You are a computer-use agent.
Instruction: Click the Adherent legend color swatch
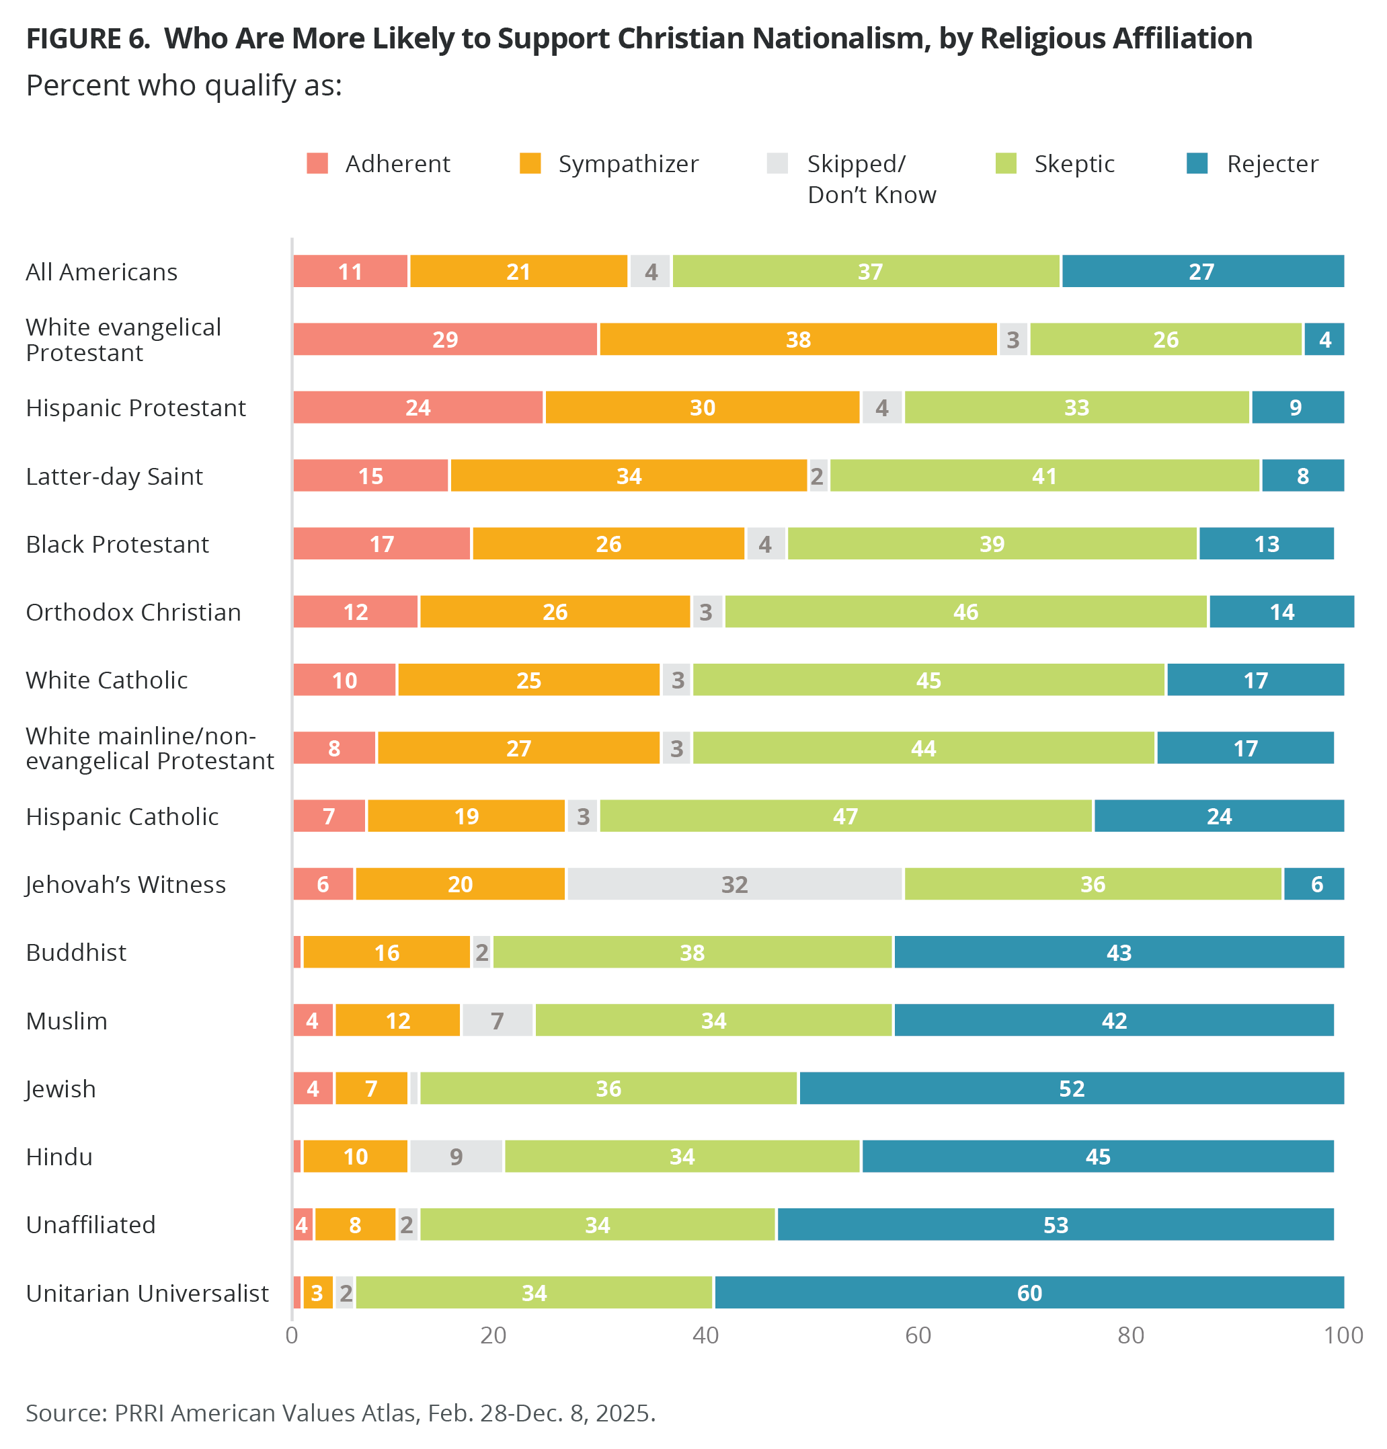pyautogui.click(x=317, y=163)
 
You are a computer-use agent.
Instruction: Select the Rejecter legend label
pyautogui.click(x=1271, y=163)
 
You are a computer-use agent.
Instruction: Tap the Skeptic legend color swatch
pyautogui.click(x=1006, y=163)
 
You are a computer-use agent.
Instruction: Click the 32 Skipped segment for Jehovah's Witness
pyautogui.click(x=734, y=884)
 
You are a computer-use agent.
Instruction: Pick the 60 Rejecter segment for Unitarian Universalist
pyautogui.click(x=1029, y=1293)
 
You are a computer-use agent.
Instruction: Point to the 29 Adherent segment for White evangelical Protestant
pyautogui.click(x=445, y=340)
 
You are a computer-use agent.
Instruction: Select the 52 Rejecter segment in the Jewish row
pyautogui.click(x=1071, y=1088)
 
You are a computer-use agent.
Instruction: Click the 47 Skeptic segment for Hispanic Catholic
pyautogui.click(x=845, y=816)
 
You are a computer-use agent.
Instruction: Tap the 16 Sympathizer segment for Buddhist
pyautogui.click(x=387, y=952)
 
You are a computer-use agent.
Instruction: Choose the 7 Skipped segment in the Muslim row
pyautogui.click(x=498, y=1021)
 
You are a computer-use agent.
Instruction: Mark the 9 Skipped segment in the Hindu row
pyautogui.click(x=457, y=1157)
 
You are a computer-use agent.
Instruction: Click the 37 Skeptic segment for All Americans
pyautogui.click(x=869, y=272)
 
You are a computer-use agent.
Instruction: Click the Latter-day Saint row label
pyautogui.click(x=114, y=476)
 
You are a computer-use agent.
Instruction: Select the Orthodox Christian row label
pyautogui.click(x=133, y=612)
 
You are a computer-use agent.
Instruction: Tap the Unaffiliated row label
pyautogui.click(x=90, y=1225)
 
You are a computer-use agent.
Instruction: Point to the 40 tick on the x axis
pyautogui.click(x=705, y=1336)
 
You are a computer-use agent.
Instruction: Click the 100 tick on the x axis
pyautogui.click(x=1343, y=1336)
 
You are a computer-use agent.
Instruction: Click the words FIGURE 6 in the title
pyautogui.click(x=87, y=38)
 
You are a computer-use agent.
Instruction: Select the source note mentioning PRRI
pyautogui.click(x=340, y=1413)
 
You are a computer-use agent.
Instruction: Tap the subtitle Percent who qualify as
pyautogui.click(x=184, y=86)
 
